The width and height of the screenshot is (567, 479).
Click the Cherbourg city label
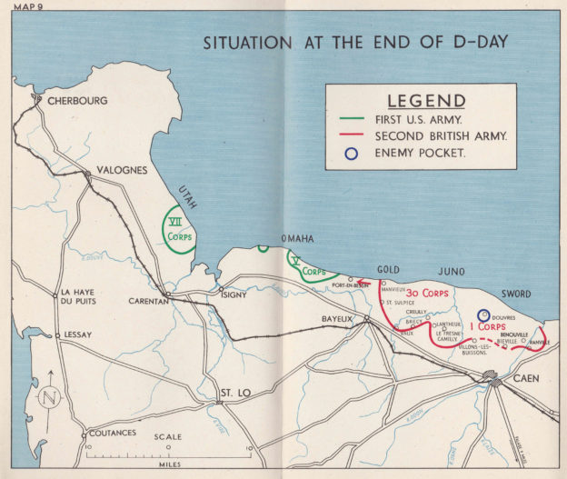[x=78, y=101]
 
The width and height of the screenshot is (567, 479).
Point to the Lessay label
[x=77, y=334]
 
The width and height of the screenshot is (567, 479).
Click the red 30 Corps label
[x=424, y=294]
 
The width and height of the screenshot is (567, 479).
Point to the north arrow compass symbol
[x=51, y=395]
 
